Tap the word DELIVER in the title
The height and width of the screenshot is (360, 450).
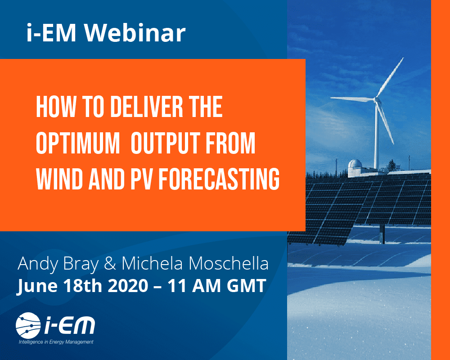146,107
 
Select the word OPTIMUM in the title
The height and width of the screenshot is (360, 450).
78,143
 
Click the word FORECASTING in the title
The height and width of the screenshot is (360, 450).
219,179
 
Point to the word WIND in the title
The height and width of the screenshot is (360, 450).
60,179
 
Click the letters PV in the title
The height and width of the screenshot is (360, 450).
141,179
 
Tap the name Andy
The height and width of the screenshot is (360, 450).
38,264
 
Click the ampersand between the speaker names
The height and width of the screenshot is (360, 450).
110,263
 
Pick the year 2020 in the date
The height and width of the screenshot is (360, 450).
128,286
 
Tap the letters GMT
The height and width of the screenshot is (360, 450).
246,286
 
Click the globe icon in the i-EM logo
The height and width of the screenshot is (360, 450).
28,325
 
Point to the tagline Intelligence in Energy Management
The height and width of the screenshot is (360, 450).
56,342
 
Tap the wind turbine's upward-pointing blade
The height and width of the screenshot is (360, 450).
390,77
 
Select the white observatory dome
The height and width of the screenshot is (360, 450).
355,165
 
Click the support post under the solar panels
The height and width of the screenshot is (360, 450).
382,234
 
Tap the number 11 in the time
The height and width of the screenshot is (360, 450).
177,286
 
